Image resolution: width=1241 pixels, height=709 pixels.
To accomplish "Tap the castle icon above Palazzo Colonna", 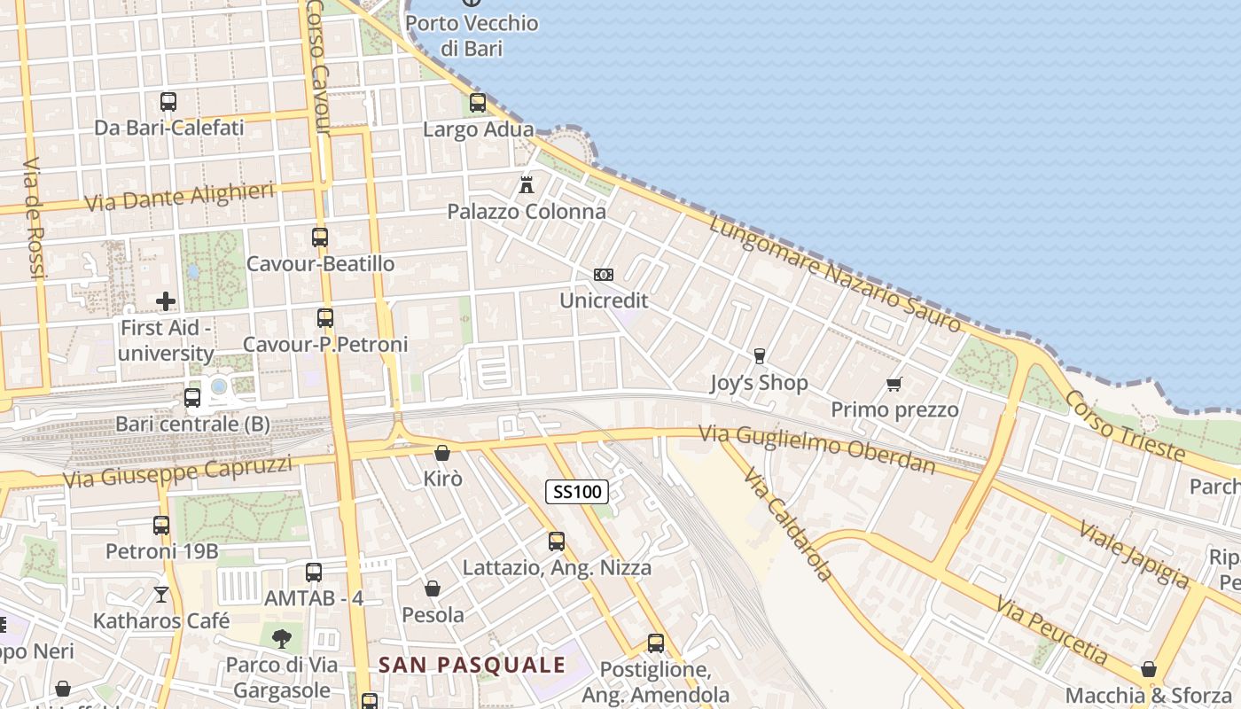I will (527, 185).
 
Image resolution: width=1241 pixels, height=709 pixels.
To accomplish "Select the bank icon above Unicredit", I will (604, 275).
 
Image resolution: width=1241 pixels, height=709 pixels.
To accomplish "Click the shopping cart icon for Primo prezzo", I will (894, 384).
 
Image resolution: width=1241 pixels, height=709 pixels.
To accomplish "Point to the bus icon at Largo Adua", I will (478, 103).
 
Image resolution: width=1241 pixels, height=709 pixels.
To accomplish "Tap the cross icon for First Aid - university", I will (166, 301).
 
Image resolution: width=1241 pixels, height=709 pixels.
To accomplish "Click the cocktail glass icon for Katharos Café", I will (161, 594).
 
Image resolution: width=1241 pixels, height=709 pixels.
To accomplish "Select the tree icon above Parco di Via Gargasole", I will (282, 638).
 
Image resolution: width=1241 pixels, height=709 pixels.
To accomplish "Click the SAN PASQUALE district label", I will (472, 665).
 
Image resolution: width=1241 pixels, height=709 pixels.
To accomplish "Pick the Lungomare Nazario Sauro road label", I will (835, 274).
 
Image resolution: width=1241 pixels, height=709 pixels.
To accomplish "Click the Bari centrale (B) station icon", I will (192, 398).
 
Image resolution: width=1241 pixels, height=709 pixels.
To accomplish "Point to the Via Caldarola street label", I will (788, 526).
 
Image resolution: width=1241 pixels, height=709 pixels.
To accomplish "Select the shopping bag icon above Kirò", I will (442, 453).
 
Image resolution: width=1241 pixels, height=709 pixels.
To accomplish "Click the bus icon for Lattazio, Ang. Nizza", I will (557, 541).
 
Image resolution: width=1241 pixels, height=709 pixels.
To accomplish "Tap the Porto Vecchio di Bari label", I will (472, 35).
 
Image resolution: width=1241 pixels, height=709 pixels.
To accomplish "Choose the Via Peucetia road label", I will (1050, 631).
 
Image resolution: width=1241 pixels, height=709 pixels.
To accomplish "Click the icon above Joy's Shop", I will (759, 356).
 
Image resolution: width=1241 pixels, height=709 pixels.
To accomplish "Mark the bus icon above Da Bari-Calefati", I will (168, 101).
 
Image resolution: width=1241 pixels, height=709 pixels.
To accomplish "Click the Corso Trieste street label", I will (1125, 425).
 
